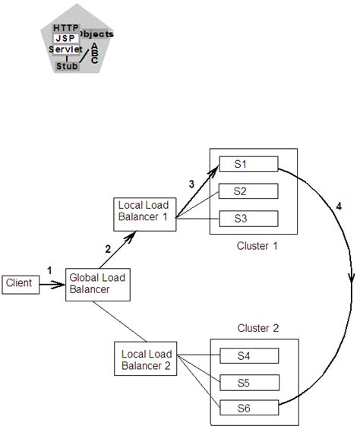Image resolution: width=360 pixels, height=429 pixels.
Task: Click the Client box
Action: [x=20, y=283]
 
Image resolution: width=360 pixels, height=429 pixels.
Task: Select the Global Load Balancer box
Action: [x=96, y=283]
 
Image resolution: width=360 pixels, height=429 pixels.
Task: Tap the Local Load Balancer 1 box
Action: [x=144, y=213]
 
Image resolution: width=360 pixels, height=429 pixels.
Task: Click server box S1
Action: [x=248, y=165]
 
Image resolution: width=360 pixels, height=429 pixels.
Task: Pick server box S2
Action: [x=248, y=192]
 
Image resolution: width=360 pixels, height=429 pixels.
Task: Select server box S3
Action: [x=248, y=219]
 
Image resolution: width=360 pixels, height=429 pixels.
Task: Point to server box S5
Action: [x=248, y=381]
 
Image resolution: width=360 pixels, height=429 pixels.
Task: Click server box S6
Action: [x=248, y=408]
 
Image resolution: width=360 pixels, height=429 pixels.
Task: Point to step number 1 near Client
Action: [x=49, y=270]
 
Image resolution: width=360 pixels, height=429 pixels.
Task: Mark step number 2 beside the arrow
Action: [x=108, y=248]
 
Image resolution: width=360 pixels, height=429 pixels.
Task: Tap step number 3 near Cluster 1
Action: [x=191, y=184]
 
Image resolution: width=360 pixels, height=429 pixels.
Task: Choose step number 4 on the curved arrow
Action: [x=339, y=207]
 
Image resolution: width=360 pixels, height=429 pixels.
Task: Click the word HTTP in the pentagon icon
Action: [x=66, y=28]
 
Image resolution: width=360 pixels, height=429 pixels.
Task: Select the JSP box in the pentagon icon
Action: [x=66, y=38]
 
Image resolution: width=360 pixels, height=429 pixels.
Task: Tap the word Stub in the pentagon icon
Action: [x=67, y=66]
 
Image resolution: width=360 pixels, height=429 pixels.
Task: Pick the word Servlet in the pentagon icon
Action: [x=65, y=49]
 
